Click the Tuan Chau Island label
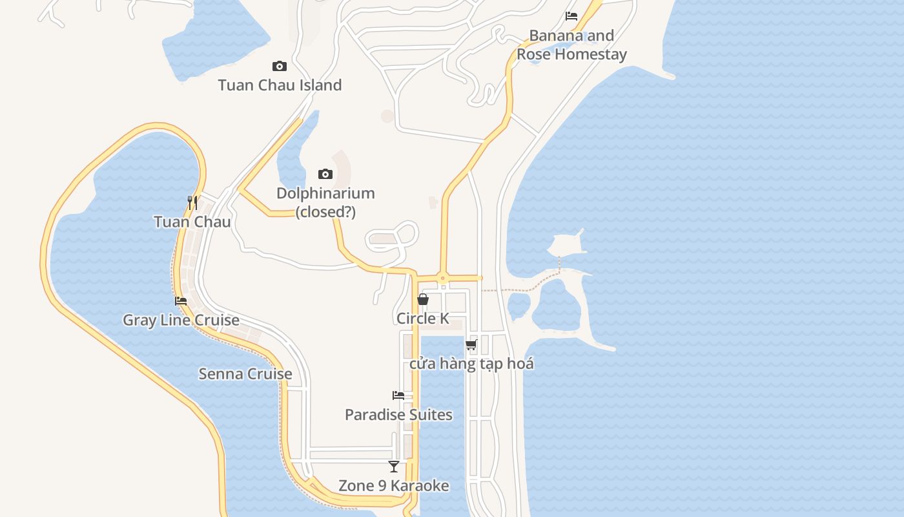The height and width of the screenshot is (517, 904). click(x=280, y=85)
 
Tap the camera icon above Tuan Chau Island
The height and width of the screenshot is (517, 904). click(x=280, y=66)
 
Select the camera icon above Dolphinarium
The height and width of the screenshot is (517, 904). click(x=325, y=174)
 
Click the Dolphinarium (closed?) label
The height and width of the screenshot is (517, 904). click(x=325, y=202)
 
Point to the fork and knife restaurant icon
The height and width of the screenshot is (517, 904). click(x=192, y=202)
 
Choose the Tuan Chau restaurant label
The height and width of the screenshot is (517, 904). click(x=192, y=222)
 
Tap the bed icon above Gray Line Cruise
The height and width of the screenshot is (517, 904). click(x=181, y=301)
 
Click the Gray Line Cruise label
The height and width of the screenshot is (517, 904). click(x=181, y=320)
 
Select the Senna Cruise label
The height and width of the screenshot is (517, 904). click(x=245, y=374)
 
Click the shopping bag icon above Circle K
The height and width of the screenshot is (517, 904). click(x=423, y=299)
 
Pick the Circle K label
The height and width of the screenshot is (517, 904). click(x=423, y=318)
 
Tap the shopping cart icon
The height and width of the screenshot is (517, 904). click(x=471, y=344)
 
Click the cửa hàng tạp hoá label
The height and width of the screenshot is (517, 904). click(x=471, y=363)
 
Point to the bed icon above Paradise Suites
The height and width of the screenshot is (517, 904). click(x=398, y=396)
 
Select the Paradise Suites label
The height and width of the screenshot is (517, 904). click(x=398, y=414)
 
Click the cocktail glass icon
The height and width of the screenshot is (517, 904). click(x=394, y=467)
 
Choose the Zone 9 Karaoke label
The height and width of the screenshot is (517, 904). click(x=394, y=485)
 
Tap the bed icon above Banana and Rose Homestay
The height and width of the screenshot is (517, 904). click(x=571, y=16)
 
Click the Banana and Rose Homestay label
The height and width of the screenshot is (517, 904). click(x=571, y=45)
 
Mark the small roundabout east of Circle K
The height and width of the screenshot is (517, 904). click(x=443, y=279)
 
